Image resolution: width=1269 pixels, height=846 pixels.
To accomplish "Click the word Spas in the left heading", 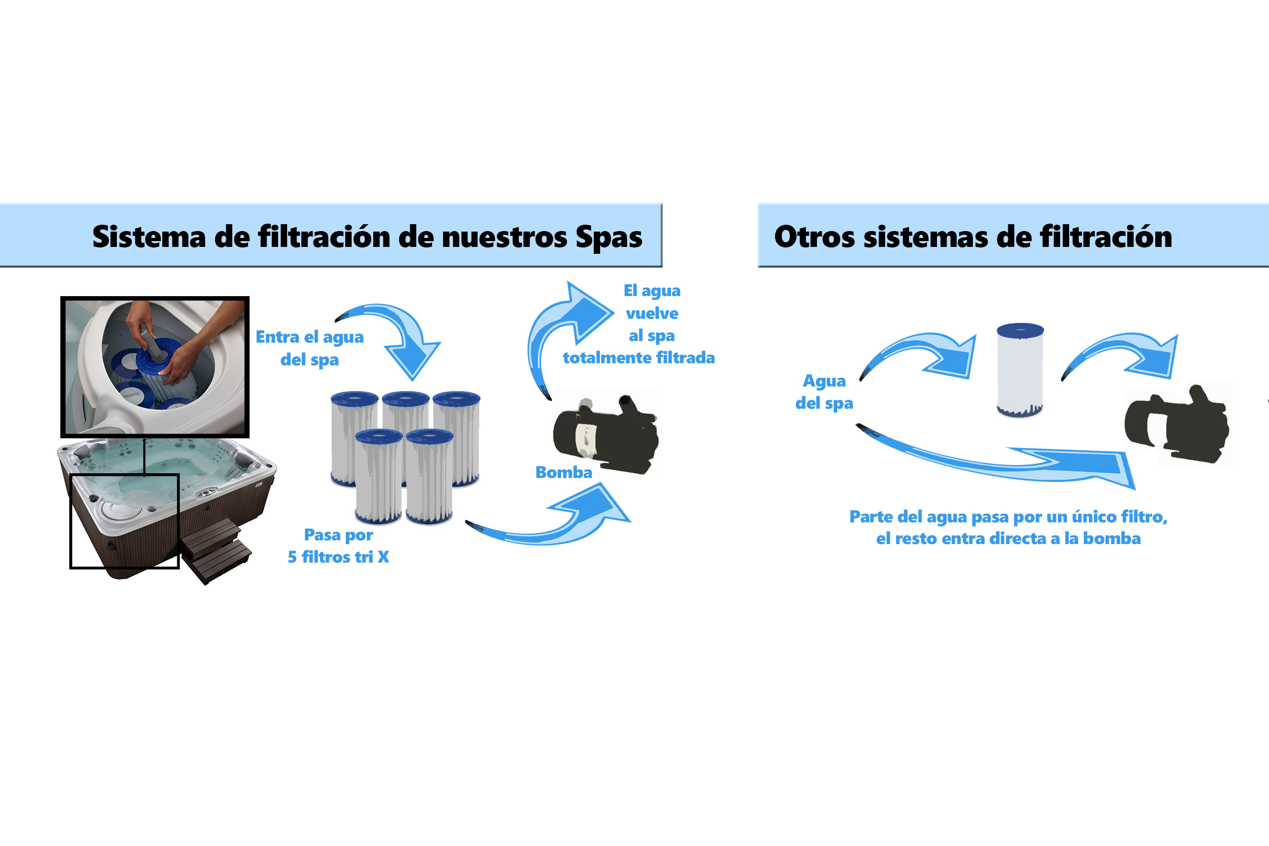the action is pyautogui.click(x=609, y=237).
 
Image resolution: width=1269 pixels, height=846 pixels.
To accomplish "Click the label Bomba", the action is pyautogui.click(x=563, y=472).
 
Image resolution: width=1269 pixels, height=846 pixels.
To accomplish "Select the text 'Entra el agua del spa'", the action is pyautogui.click(x=310, y=348).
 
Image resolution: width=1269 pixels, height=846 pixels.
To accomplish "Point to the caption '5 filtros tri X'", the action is pyautogui.click(x=338, y=557).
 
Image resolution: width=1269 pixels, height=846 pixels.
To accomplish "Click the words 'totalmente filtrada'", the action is pyautogui.click(x=639, y=357).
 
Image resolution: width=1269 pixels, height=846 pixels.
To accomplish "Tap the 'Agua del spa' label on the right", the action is pyautogui.click(x=824, y=392).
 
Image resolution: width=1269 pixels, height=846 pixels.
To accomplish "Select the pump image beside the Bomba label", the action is pyautogui.click(x=606, y=434).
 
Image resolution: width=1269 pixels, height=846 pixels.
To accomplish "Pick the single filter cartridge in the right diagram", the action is pyautogui.click(x=1020, y=370).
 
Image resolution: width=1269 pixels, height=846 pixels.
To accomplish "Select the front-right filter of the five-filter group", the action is pyautogui.click(x=429, y=477).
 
